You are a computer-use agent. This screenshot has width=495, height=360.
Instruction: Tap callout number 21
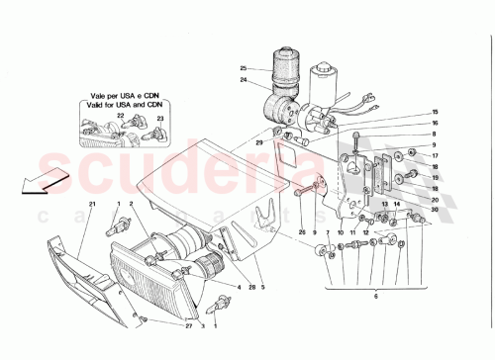point(90,204)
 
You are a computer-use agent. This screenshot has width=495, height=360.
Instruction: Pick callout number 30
point(434,210)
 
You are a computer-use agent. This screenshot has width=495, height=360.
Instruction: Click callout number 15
point(433,113)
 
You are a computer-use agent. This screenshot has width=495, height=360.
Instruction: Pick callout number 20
point(434,200)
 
